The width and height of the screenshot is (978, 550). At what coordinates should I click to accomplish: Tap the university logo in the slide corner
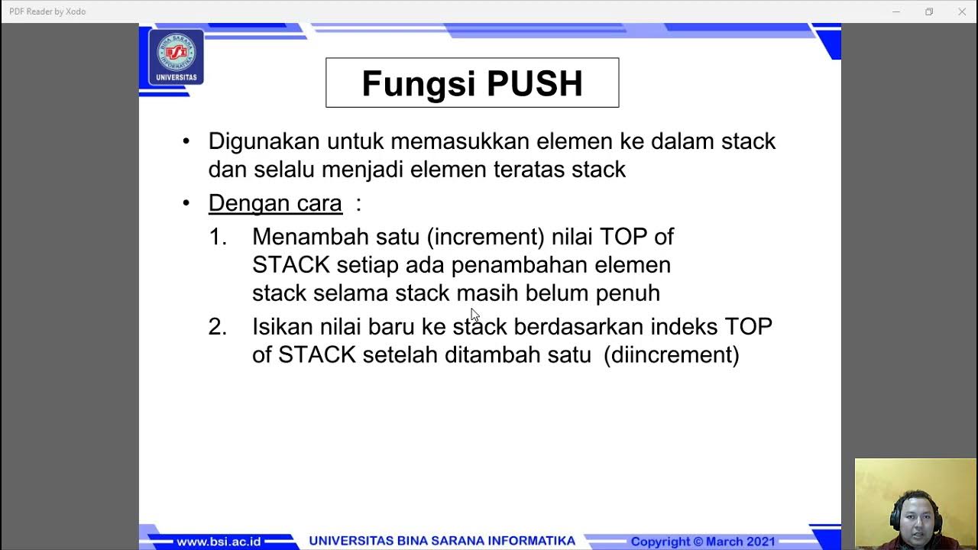pyautogui.click(x=176, y=57)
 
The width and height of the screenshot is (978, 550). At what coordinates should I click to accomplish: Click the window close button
pyautogui.click(x=962, y=11)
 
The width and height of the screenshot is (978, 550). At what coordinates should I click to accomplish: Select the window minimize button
pyautogui.click(x=896, y=11)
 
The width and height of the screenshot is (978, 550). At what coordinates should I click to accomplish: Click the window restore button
pyautogui.click(x=929, y=11)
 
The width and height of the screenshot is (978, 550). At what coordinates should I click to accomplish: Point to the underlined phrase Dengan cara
pyautogui.click(x=275, y=203)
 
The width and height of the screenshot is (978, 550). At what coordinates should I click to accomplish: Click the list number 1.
pyautogui.click(x=218, y=237)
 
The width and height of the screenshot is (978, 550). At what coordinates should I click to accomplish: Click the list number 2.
pyautogui.click(x=218, y=327)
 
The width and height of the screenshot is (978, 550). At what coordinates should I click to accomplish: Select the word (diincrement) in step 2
pyautogui.click(x=671, y=355)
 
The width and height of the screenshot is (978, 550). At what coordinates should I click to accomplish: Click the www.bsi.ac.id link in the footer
pyautogui.click(x=219, y=542)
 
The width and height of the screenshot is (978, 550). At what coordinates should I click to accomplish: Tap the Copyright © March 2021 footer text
pyautogui.click(x=703, y=542)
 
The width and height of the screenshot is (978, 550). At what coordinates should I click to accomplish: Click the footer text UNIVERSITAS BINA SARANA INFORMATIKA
pyautogui.click(x=442, y=541)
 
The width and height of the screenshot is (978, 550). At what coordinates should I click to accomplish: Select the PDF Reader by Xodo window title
pyautogui.click(x=47, y=11)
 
